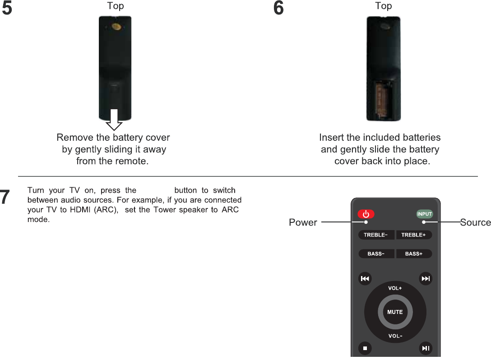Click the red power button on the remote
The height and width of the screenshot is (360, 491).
tap(366, 214)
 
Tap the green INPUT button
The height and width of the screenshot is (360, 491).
tap(425, 214)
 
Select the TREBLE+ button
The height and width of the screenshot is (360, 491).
tap(414, 235)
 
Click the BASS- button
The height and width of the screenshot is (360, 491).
tap(376, 254)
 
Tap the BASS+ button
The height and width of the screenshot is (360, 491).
tap(414, 254)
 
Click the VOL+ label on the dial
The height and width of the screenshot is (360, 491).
tap(395, 288)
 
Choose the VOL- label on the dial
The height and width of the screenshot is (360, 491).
tap(395, 336)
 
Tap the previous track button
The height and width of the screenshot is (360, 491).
tap(365, 279)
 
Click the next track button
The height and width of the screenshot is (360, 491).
tap(426, 279)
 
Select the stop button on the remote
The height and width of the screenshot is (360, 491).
tap(365, 348)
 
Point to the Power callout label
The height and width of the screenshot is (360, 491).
tap(303, 222)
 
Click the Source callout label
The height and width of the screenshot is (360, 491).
tap(475, 222)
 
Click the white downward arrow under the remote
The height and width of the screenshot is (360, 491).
tap(114, 120)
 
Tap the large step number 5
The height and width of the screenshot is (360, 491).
tap(7, 8)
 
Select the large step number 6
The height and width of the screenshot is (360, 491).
tap(278, 8)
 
